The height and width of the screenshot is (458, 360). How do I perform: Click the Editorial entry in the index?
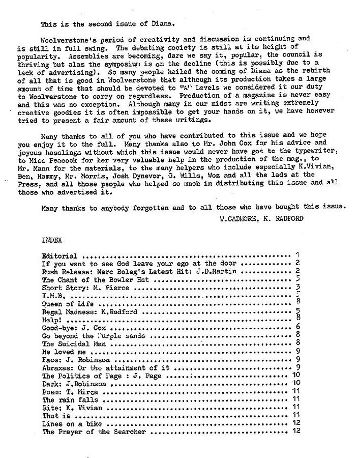tap(59, 255)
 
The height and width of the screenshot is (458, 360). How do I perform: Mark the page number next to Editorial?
tap(296, 255)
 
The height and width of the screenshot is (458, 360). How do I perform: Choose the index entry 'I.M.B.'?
tap(52, 296)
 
